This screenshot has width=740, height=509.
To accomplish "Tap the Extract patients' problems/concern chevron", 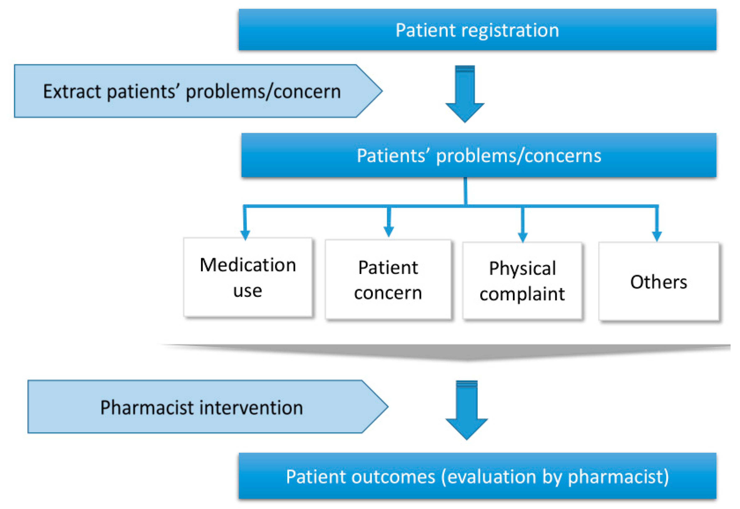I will click(198, 91).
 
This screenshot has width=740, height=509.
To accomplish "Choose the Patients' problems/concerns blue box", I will click(478, 155).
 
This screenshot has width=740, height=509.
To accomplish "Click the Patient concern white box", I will click(388, 279).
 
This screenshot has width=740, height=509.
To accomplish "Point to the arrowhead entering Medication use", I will click(245, 235).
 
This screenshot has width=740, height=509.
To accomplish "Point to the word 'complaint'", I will click(522, 294).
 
